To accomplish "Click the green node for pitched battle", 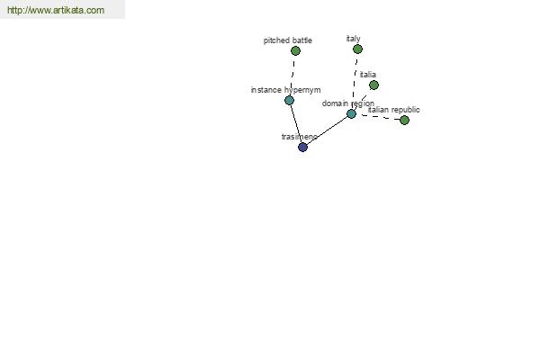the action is click(x=295, y=51).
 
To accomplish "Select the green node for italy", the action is click(x=357, y=49).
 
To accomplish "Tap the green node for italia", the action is click(x=373, y=85).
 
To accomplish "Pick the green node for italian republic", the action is click(x=404, y=121).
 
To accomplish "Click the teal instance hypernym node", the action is click(x=289, y=101).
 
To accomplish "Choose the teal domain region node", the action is click(x=351, y=114).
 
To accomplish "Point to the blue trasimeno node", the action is click(x=302, y=148).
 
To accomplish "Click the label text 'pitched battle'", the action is click(x=288, y=40).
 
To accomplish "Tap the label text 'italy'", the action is click(x=354, y=39).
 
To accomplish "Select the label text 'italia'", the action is click(x=368, y=75).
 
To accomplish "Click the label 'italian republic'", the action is click(x=393, y=110).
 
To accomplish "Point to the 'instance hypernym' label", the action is click(x=286, y=90).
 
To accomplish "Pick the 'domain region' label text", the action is click(x=347, y=103).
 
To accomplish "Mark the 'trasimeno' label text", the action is click(x=300, y=137).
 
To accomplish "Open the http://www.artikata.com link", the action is click(x=56, y=10).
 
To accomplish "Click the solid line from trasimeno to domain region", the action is click(x=328, y=130).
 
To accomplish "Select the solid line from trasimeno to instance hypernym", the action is click(x=296, y=124).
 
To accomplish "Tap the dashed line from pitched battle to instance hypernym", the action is click(x=292, y=76).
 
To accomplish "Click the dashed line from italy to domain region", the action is click(x=355, y=82).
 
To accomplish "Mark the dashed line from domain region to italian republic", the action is click(x=378, y=117).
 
